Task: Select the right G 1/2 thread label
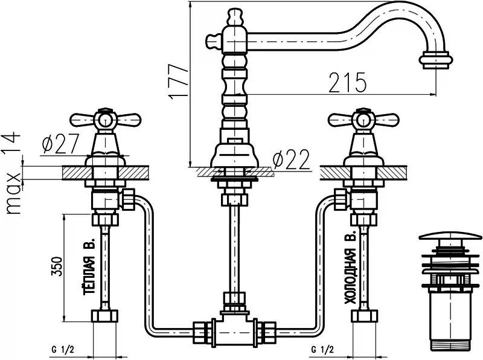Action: click(322, 350)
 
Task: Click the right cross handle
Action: click(360, 119)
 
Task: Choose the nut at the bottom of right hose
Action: click(365, 317)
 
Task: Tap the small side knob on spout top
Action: click(213, 41)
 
